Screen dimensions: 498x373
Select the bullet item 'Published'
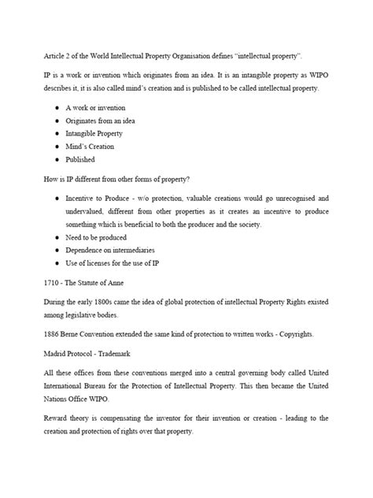tap(79, 158)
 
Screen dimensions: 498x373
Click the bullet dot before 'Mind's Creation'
tap(57, 146)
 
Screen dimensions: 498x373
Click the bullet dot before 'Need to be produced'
tap(57, 237)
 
